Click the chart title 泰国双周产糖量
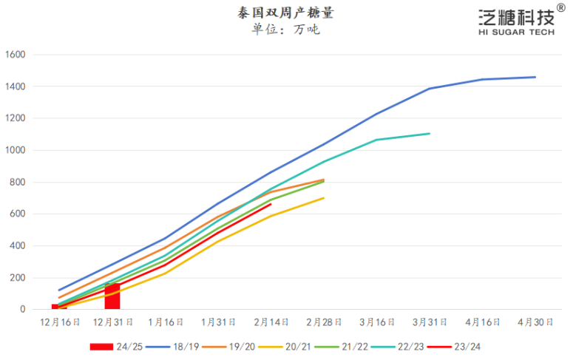(x=285, y=13)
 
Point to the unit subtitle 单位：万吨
(x=285, y=30)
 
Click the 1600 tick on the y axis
(x=16, y=55)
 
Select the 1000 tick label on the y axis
(x=16, y=150)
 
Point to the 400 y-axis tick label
(x=18, y=246)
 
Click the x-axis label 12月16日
(x=59, y=322)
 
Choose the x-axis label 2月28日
(x=324, y=322)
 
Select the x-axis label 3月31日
(x=430, y=322)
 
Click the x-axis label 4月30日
(x=535, y=322)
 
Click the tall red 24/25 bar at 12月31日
(x=112, y=296)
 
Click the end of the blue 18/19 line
(x=535, y=77)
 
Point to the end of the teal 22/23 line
(x=430, y=134)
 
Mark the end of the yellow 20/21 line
(x=324, y=197)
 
